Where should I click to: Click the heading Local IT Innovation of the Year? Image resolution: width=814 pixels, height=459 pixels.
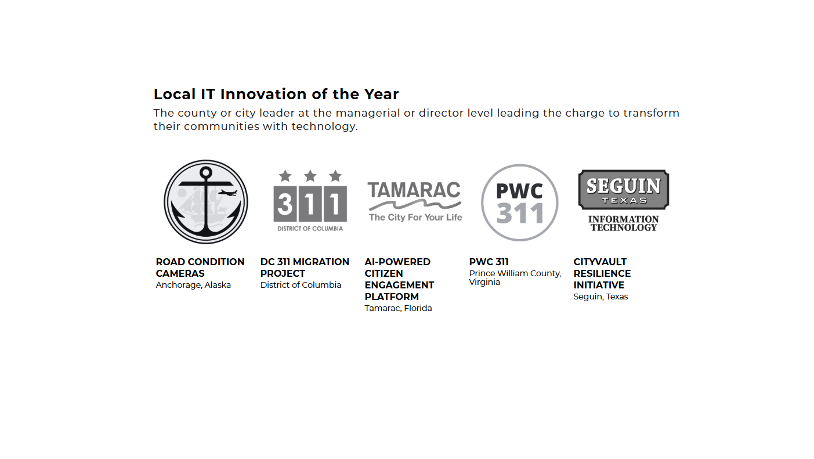click(276, 95)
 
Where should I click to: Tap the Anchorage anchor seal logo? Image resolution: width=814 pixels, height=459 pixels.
click(206, 202)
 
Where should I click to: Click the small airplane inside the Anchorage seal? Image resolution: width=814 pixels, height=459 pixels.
click(227, 193)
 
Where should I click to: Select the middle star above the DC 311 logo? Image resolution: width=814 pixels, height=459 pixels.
click(310, 176)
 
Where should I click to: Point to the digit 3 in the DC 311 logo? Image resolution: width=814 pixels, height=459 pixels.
click(285, 204)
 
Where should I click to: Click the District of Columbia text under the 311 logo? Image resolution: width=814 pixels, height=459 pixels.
click(310, 229)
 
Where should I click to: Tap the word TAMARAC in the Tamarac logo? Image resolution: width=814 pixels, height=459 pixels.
click(414, 190)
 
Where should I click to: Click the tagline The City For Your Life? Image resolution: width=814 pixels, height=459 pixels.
click(415, 218)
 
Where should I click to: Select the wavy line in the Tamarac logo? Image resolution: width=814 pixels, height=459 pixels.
click(415, 204)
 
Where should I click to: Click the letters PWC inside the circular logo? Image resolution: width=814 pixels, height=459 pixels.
click(519, 191)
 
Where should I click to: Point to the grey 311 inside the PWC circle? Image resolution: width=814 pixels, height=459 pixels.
click(520, 214)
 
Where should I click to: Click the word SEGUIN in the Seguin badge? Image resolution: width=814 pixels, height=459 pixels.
click(624, 186)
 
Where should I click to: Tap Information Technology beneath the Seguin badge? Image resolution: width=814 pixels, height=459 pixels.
click(624, 223)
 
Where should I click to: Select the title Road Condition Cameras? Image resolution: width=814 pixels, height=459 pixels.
click(200, 268)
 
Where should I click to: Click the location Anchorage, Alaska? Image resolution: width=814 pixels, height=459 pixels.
click(193, 285)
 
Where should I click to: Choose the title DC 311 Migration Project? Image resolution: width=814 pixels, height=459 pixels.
click(305, 268)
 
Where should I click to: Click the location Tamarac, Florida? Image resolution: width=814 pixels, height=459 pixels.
click(398, 308)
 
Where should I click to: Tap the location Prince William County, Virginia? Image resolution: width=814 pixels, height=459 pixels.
click(515, 277)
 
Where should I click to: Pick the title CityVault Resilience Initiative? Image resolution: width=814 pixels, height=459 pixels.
click(602, 273)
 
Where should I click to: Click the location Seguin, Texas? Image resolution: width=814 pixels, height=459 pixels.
click(600, 297)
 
